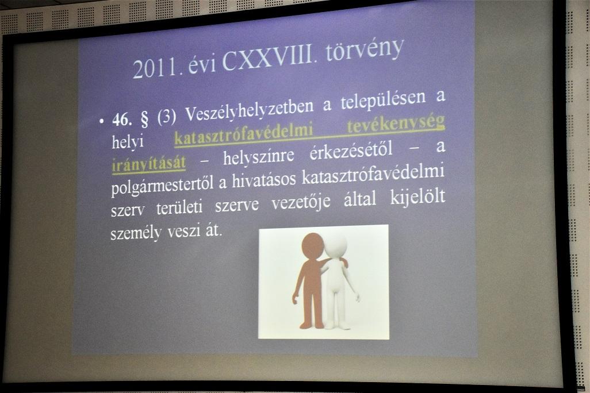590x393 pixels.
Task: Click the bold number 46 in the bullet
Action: pyautogui.click(x=122, y=120)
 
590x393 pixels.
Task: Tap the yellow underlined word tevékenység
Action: pyautogui.click(x=396, y=124)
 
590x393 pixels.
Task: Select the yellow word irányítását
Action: pyautogui.click(x=149, y=164)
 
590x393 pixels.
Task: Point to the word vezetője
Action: pyautogui.click(x=301, y=203)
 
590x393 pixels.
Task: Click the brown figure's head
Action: pyautogui.click(x=313, y=246)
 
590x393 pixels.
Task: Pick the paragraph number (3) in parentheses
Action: pyautogui.click(x=167, y=117)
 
